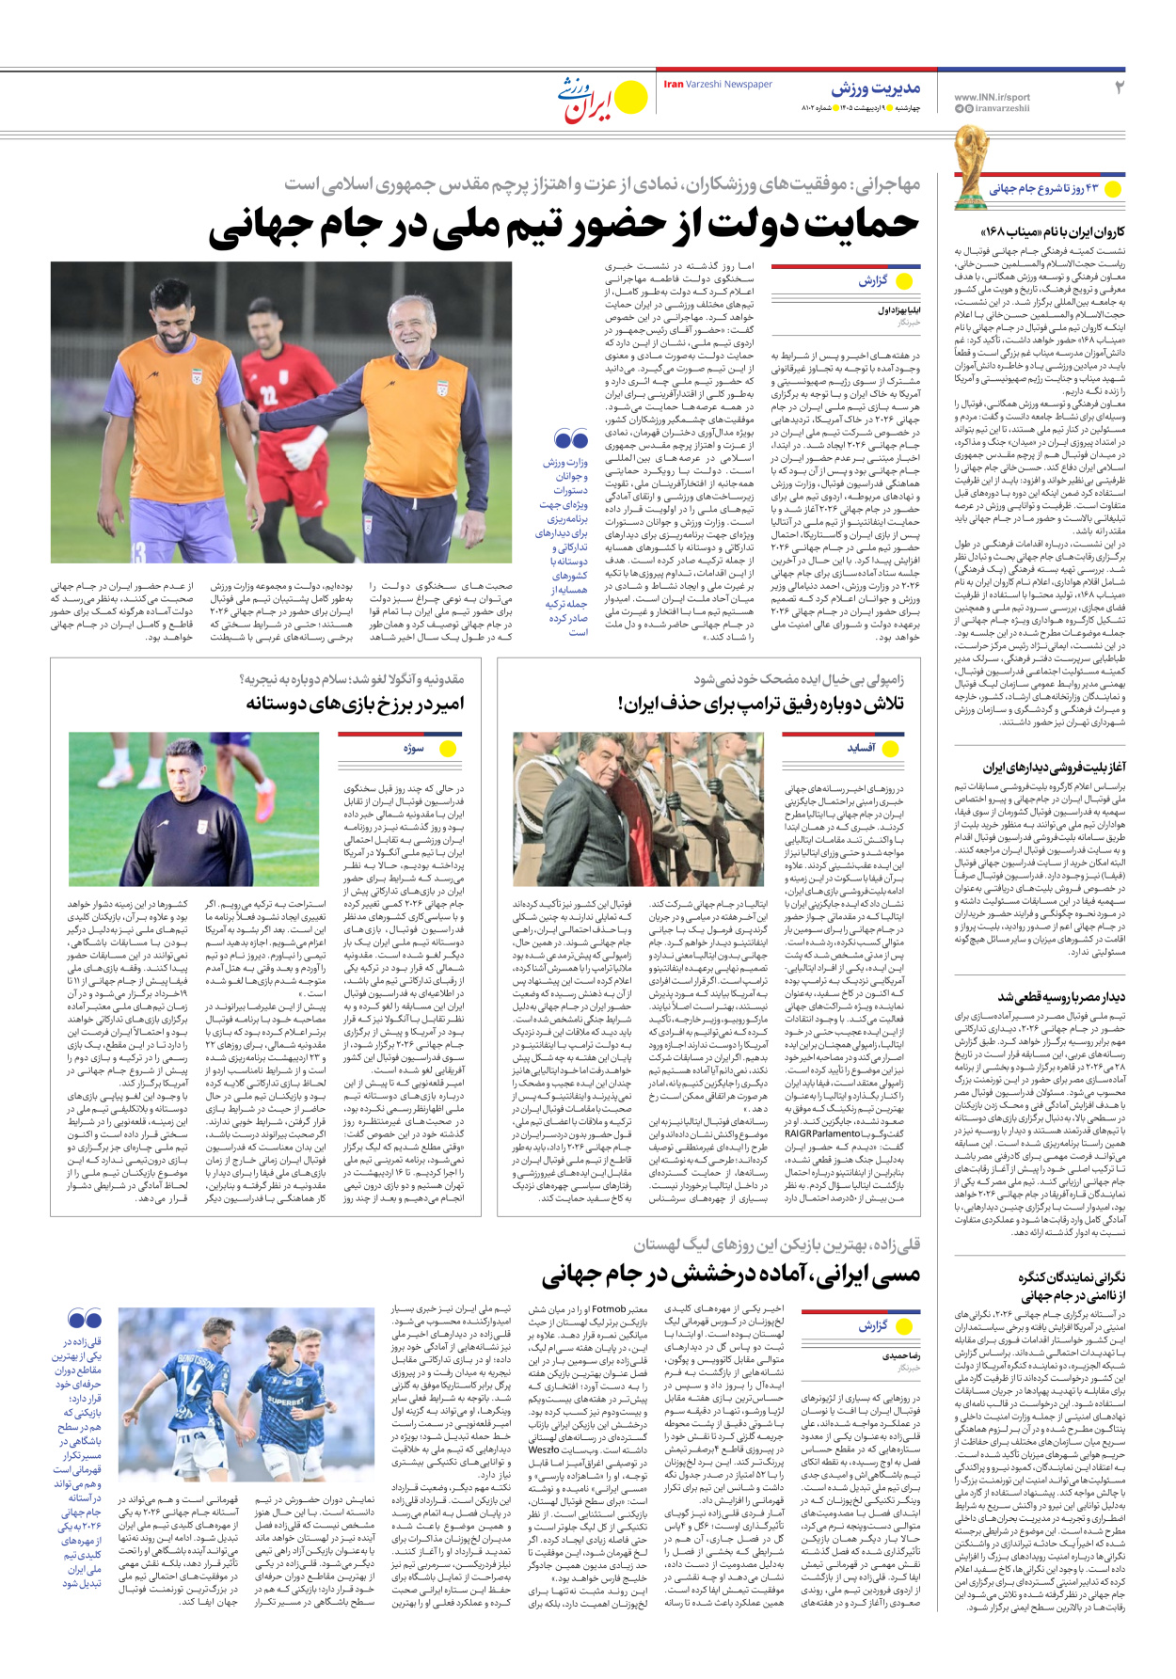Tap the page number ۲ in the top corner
(x=1119, y=88)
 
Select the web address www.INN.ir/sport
(x=992, y=97)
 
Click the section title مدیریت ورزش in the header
(x=875, y=88)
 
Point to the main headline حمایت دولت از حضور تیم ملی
(x=563, y=227)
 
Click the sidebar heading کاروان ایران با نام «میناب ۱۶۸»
(x=1052, y=231)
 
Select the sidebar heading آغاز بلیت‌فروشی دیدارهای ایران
(x=1054, y=768)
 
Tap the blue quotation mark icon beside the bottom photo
(x=85, y=1319)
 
